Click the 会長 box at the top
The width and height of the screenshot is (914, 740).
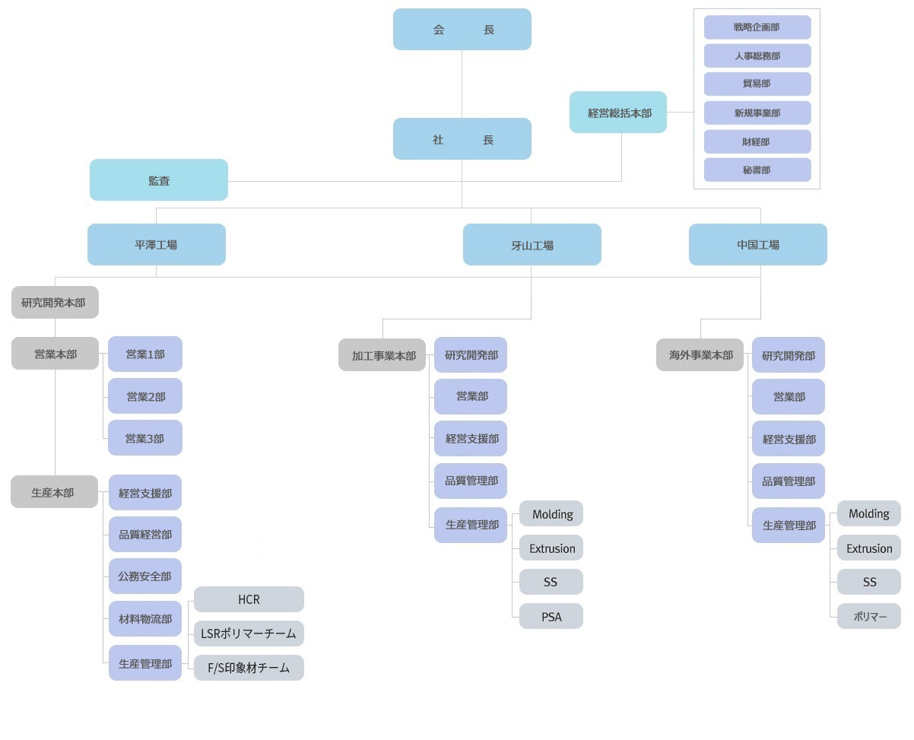pos(462,30)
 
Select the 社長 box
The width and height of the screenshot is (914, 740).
pos(462,139)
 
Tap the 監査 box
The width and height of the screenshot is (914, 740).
pos(159,180)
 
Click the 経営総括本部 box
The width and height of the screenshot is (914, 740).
pos(618,113)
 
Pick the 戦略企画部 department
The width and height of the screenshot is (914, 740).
pos(757,27)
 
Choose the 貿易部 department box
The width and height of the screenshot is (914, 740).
pos(757,84)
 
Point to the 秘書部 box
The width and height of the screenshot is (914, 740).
pos(757,170)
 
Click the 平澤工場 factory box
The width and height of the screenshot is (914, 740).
pos(157,244)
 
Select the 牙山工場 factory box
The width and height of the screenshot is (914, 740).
pos(532,245)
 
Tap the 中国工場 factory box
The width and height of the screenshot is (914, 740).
pos(757,244)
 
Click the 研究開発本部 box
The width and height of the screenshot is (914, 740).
pos(55,302)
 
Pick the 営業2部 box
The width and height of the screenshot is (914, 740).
pos(145,396)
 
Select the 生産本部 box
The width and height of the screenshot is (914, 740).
pos(54,492)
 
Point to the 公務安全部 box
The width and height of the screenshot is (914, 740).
pos(145,576)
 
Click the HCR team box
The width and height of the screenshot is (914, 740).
pos(249,599)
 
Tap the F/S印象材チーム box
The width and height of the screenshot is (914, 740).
pos(249,668)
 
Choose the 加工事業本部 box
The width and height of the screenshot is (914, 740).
pos(382,355)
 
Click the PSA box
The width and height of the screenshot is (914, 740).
pos(551,617)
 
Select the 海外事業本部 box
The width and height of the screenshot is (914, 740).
pos(700,355)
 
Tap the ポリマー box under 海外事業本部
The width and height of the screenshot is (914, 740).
pos(869,617)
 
